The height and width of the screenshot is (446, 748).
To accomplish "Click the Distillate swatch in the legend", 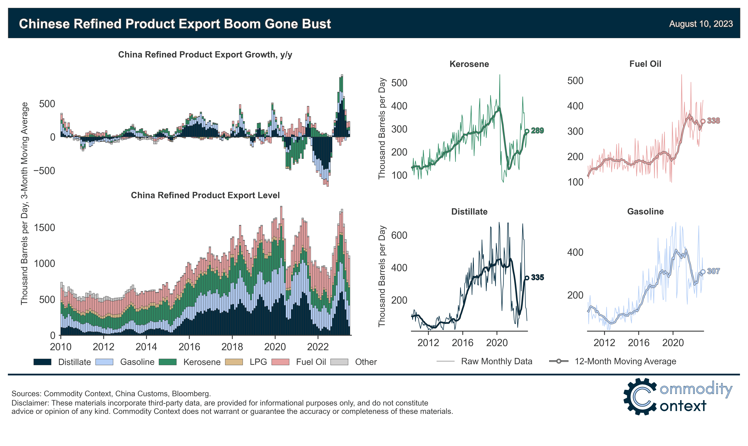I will (42, 362).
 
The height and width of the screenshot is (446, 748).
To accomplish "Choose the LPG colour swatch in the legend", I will (234, 362).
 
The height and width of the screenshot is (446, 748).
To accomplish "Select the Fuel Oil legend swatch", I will (280, 362).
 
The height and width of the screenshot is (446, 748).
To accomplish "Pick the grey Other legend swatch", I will (339, 362).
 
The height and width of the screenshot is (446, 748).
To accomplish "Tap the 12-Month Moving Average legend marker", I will (559, 361).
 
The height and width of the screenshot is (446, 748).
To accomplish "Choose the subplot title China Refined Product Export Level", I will (205, 195).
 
